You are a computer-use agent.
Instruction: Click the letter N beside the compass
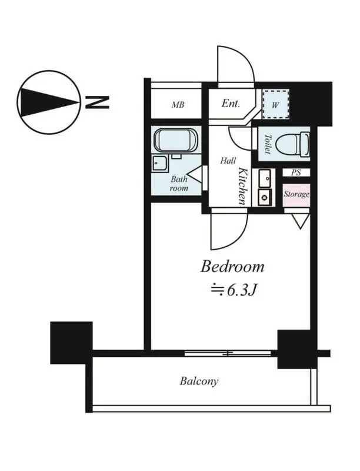click(97, 102)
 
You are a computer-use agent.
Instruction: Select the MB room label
click(178, 105)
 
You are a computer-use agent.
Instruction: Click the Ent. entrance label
click(231, 104)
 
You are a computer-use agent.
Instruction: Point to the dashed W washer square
click(276, 104)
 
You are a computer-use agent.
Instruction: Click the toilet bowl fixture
click(292, 144)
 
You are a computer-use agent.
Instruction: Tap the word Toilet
click(267, 144)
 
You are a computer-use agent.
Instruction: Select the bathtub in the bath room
click(176, 141)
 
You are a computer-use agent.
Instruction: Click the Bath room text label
click(179, 184)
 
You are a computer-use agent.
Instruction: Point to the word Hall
click(228, 161)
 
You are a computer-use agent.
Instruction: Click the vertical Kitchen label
click(243, 187)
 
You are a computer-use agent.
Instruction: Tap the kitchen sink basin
click(265, 178)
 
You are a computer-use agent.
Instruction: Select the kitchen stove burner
click(265, 197)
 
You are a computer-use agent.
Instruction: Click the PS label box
click(296, 173)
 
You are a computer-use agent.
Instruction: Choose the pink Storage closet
click(296, 195)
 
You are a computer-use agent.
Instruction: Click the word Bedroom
click(232, 267)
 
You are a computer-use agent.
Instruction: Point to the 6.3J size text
click(234, 290)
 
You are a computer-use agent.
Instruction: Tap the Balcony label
click(199, 382)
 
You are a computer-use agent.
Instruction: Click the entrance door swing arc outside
click(243, 54)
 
